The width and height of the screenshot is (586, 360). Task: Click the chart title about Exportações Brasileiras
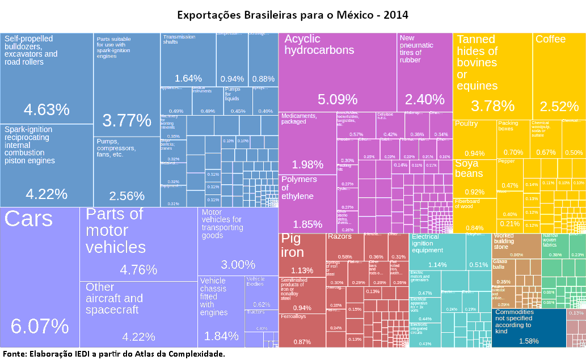tap(293, 14)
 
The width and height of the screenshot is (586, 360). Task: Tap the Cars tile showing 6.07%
tap(40, 278)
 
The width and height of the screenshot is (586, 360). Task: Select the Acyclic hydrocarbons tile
tap(337, 73)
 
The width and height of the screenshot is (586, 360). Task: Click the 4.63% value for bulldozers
tap(47, 109)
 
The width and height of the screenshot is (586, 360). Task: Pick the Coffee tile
tap(559, 73)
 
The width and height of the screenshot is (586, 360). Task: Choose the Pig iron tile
tap(302, 255)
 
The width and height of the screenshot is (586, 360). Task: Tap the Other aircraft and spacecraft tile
tap(138, 314)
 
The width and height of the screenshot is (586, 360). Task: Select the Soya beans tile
tap(475, 178)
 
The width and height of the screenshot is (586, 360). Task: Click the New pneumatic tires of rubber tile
tap(424, 73)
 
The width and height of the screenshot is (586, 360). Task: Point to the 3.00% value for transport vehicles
tap(238, 265)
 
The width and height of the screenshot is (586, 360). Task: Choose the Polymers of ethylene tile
tap(307, 203)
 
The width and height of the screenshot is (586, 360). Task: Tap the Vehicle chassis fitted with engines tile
tap(221, 312)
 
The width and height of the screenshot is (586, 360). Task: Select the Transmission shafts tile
tap(188, 60)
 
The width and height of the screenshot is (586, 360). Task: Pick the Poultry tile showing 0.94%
tap(474, 139)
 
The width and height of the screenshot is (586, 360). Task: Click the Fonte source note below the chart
tap(113, 354)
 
